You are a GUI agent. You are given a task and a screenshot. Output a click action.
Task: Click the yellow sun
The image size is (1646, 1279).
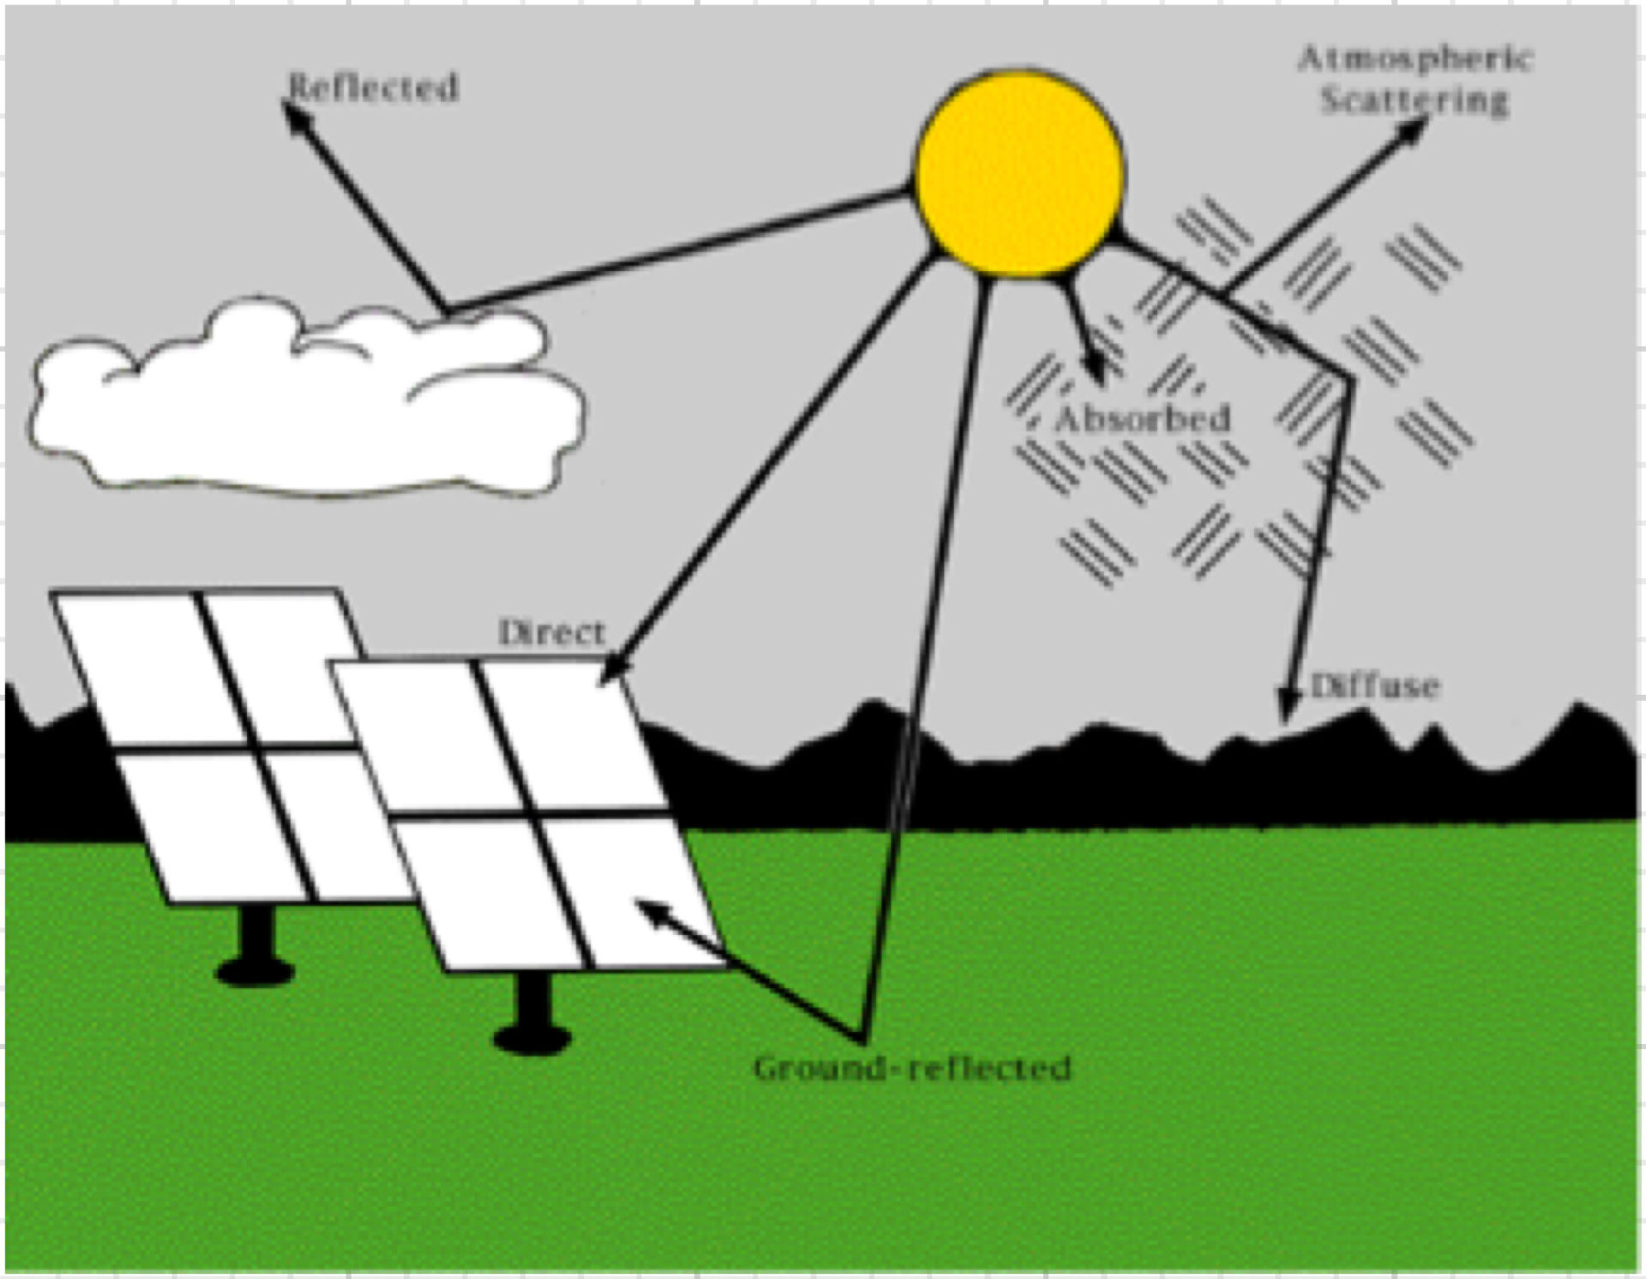[1019, 174]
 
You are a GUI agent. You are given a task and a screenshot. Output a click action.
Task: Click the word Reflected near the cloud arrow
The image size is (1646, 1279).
[374, 87]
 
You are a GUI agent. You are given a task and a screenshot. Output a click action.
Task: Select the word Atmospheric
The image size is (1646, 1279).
[1415, 59]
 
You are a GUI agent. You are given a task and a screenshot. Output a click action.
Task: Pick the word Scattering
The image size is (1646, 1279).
[1415, 100]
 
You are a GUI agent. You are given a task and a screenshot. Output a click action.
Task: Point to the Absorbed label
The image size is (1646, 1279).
[1143, 419]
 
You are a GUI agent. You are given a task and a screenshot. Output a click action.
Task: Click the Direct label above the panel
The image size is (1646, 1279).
[552, 633]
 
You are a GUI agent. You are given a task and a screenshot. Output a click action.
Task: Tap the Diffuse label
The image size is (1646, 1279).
[1375, 685]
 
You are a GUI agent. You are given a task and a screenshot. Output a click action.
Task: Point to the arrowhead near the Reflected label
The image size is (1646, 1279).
[295, 115]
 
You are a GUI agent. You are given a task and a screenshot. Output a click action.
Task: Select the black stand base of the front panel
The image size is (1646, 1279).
[532, 1039]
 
